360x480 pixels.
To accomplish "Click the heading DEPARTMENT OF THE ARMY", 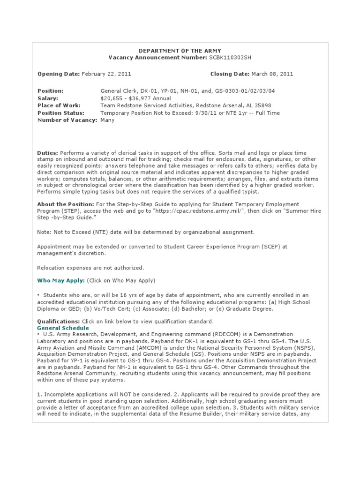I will click(x=180, y=50).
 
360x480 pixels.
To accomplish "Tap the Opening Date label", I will click(x=59, y=74).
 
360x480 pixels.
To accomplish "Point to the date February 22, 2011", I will click(x=106, y=74).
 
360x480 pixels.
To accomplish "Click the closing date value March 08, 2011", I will click(x=272, y=74).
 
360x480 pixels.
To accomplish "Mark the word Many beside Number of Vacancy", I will click(x=107, y=120).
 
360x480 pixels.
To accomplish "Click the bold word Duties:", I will click(x=47, y=153).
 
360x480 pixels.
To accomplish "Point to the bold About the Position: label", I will click(x=65, y=204).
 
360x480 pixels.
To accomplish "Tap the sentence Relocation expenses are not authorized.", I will click(x=90, y=268).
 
